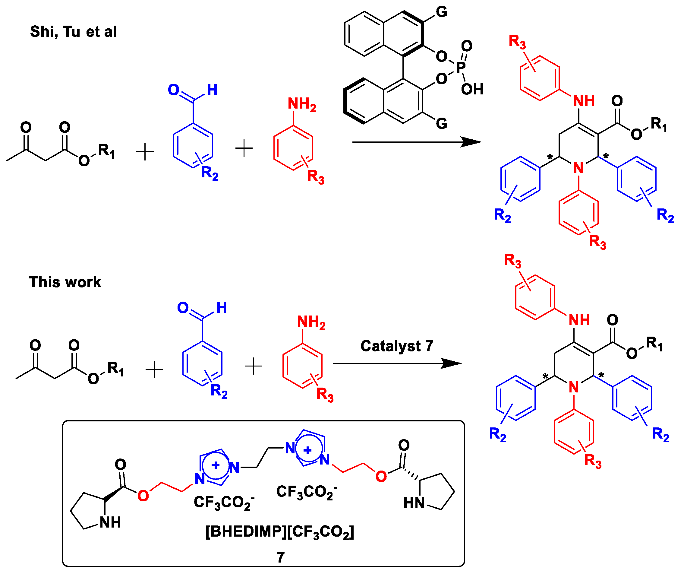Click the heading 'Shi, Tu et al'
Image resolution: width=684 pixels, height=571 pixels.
pyautogui.click(x=73, y=32)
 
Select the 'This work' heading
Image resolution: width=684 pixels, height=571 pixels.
pyautogui.click(x=65, y=282)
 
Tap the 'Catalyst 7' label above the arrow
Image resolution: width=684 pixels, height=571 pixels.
pyautogui.click(x=397, y=346)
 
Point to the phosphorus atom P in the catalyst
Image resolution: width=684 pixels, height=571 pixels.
pyautogui.click(x=461, y=68)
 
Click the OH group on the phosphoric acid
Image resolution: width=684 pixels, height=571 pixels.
pyautogui.click(x=472, y=89)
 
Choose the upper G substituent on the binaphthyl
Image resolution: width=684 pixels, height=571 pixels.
pyautogui.click(x=441, y=12)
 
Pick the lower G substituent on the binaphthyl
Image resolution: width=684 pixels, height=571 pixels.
pyautogui.click(x=441, y=124)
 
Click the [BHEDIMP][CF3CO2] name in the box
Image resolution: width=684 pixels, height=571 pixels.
pyautogui.click(x=279, y=531)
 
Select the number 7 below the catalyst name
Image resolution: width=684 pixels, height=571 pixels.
pyautogui.click(x=280, y=557)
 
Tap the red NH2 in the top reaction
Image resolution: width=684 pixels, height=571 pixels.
pyautogui.click(x=302, y=104)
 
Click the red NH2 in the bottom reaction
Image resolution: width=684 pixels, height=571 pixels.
pyautogui.click(x=311, y=322)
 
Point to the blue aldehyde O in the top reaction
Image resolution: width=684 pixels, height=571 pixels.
pyautogui.click(x=174, y=90)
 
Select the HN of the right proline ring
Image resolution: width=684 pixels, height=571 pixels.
pyautogui.click(x=414, y=503)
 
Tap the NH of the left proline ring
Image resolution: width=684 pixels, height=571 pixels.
pyautogui.click(x=110, y=522)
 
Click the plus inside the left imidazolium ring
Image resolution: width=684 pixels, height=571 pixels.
pyautogui.click(x=215, y=465)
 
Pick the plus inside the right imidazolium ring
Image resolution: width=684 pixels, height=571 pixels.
pyautogui.click(x=307, y=451)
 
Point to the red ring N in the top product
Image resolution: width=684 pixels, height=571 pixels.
pyautogui.click(x=578, y=168)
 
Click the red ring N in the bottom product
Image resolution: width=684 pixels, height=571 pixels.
pyautogui.click(x=574, y=387)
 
